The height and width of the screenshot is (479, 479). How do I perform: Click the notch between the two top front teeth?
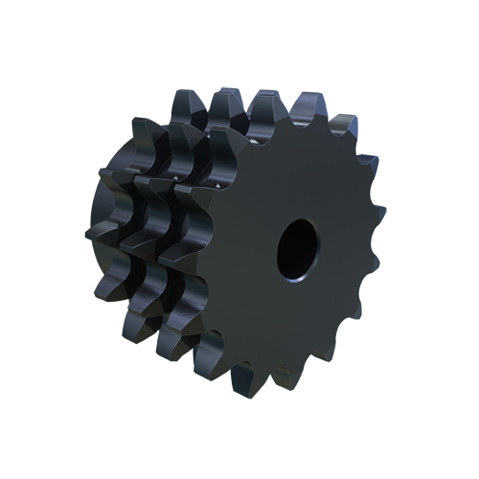coord(287,120)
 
